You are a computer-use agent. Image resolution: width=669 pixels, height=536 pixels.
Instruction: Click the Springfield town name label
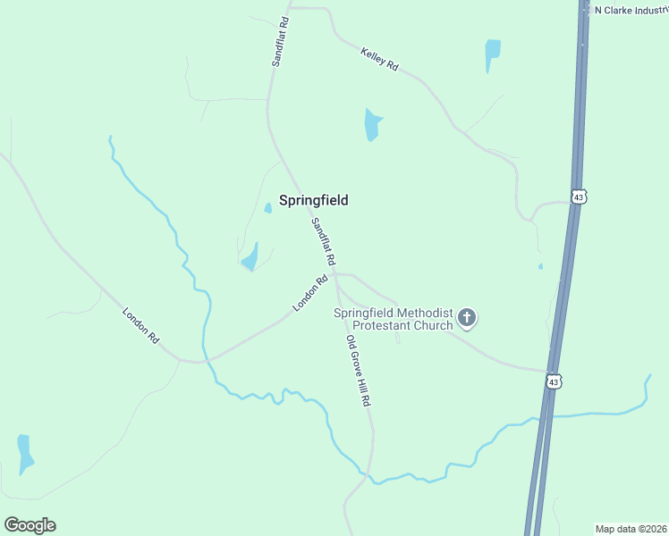click(313, 200)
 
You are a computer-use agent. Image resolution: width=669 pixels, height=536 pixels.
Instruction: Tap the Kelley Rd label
click(379, 60)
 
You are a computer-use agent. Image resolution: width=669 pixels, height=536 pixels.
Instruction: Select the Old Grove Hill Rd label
click(358, 372)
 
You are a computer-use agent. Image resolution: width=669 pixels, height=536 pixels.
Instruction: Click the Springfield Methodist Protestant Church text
click(394, 318)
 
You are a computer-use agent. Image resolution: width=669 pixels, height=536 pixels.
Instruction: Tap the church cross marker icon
click(467, 317)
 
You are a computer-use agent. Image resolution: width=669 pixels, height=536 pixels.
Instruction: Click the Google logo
click(30, 525)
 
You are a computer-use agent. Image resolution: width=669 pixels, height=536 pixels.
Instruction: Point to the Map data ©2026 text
click(631, 528)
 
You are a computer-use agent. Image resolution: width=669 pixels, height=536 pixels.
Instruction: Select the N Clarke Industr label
click(631, 11)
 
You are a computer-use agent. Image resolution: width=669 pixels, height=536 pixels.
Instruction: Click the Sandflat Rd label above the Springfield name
click(280, 42)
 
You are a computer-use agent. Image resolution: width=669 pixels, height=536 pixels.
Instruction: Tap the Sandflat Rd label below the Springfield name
click(323, 241)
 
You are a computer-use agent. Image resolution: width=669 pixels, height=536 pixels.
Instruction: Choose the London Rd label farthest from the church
click(140, 326)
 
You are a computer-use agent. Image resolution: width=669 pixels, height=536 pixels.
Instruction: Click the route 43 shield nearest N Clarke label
click(579, 197)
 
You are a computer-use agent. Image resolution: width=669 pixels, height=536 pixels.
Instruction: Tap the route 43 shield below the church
click(555, 381)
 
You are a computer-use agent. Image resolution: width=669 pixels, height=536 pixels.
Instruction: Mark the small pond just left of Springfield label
click(267, 208)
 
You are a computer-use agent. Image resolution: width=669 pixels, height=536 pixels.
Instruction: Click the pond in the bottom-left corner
click(24, 454)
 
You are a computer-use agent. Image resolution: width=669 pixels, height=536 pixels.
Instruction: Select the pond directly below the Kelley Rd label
click(372, 125)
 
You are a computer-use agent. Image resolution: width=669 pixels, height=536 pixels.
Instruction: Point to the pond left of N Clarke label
click(492, 53)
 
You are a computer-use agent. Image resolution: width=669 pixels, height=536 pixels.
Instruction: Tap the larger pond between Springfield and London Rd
click(250, 258)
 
